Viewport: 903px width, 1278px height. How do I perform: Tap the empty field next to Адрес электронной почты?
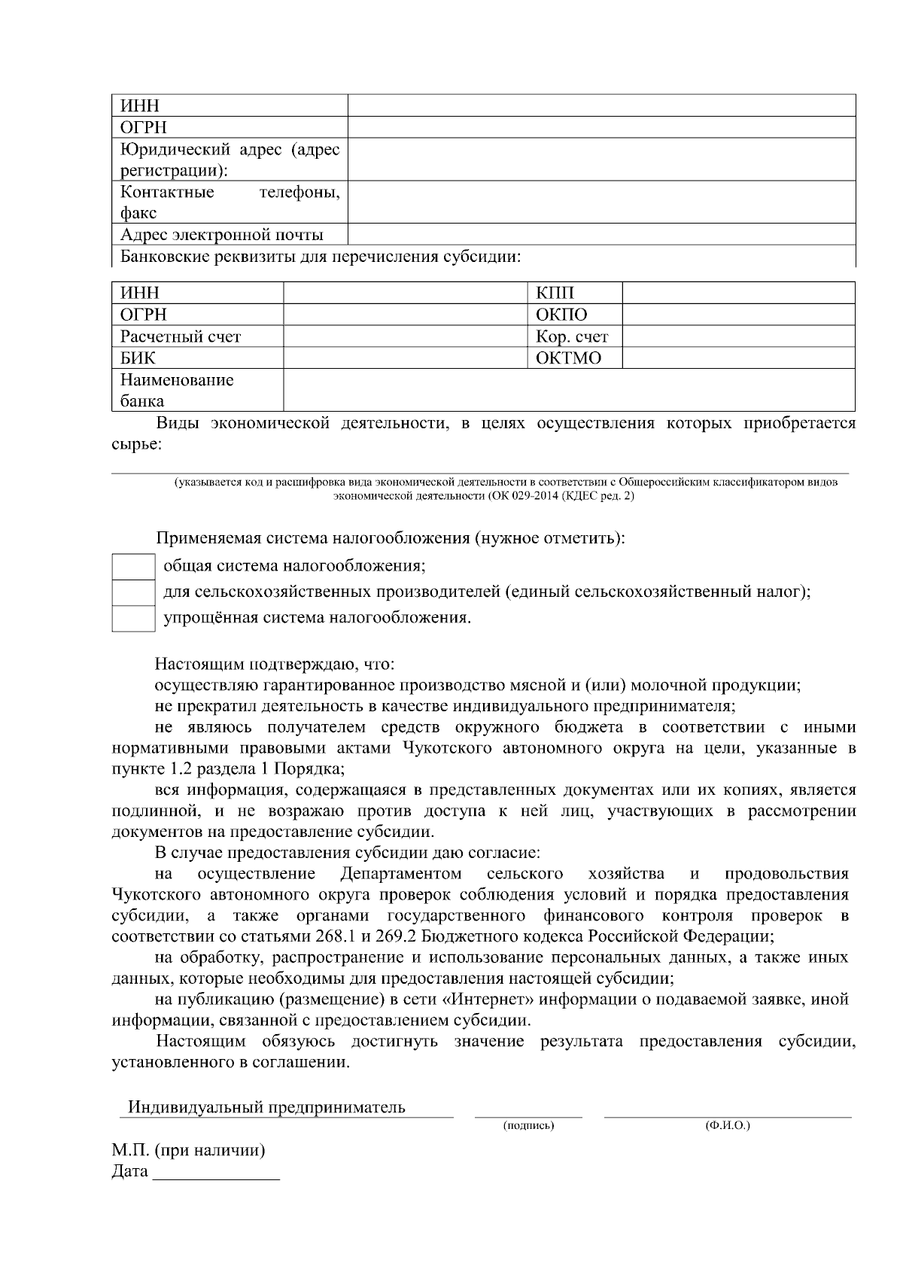(x=601, y=234)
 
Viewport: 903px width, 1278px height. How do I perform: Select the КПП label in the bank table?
(x=555, y=294)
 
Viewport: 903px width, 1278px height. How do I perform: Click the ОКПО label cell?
(x=561, y=315)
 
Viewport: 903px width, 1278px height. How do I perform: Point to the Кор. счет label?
(x=572, y=336)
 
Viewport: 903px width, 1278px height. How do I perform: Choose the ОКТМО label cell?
(x=569, y=358)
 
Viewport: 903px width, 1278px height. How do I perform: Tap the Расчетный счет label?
(x=181, y=336)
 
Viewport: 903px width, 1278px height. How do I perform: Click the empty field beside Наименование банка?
(x=568, y=390)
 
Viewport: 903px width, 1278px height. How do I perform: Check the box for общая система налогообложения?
(x=133, y=567)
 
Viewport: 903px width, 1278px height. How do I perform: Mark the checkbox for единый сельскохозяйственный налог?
(x=133, y=593)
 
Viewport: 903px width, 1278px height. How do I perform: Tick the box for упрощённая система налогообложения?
(x=133, y=619)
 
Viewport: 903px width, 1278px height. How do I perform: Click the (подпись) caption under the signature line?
(x=528, y=1125)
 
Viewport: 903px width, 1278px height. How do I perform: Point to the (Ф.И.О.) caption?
(x=728, y=1125)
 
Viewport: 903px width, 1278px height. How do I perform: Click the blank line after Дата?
(x=216, y=1173)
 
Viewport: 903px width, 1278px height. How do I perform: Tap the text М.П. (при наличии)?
(x=188, y=1151)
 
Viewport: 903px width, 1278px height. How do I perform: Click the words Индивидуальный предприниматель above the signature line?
(x=266, y=1107)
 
